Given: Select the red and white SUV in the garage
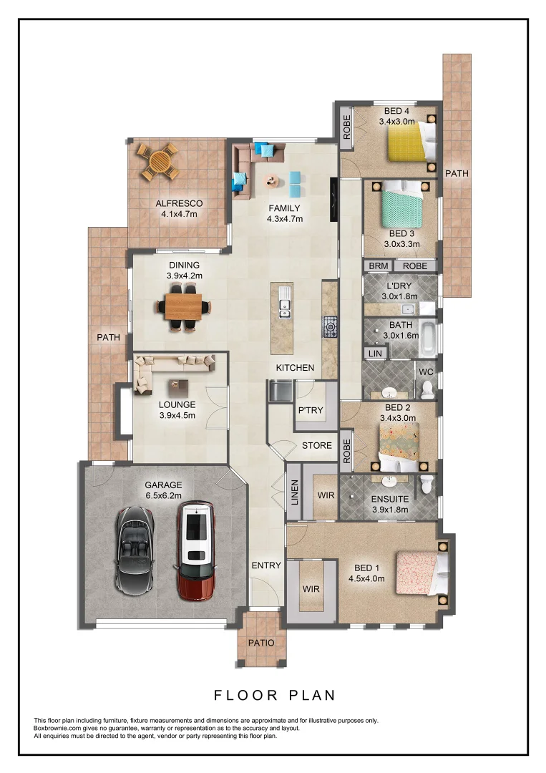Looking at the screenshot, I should point(195,549).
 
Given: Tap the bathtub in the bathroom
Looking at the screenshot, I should point(427,339).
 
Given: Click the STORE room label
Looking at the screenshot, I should point(316,445).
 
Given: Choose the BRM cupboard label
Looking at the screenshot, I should point(377,266).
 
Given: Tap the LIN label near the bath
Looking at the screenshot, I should point(375,353).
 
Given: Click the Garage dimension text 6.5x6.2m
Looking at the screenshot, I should point(165,495).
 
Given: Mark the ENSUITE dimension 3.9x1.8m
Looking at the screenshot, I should point(390,510).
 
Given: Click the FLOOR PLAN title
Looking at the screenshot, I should point(275,694).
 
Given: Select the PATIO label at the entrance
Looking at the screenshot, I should point(261,642).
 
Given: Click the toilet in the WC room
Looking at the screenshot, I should point(428,389).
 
